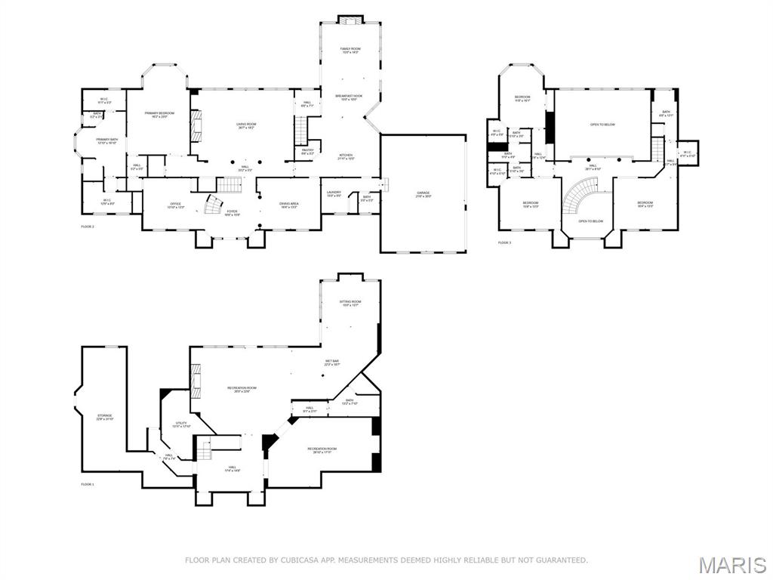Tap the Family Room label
(350, 49)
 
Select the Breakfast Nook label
(350, 97)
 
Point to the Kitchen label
(346, 156)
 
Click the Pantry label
(307, 151)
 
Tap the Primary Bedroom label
(159, 114)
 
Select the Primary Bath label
(106, 140)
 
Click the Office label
(175, 204)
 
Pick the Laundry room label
(334, 193)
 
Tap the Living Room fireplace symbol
(197, 125)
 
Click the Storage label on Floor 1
(105, 416)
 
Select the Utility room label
(181, 424)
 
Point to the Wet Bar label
(332, 362)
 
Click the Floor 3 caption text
(504, 242)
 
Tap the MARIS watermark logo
(731, 564)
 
